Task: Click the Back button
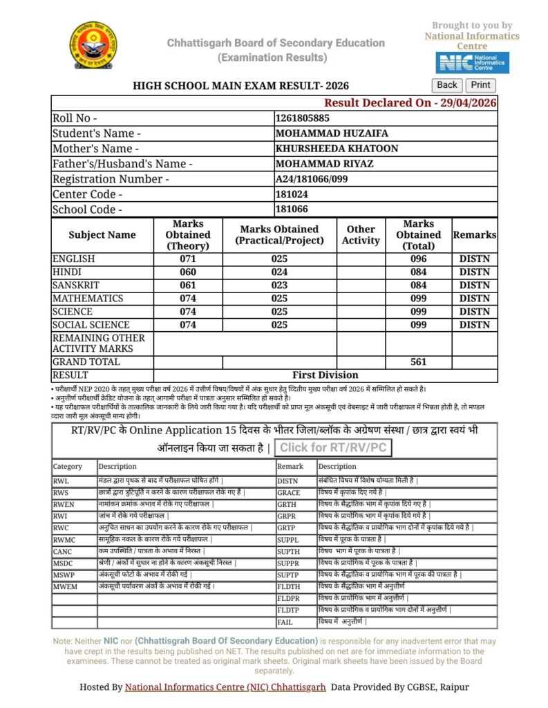coord(447,85)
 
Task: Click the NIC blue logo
coord(472,62)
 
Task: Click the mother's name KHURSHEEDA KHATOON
coord(337,149)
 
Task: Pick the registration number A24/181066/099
coord(311,179)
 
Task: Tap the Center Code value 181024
coord(292,194)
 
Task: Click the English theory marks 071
coord(188,259)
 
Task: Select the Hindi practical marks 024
coord(279,272)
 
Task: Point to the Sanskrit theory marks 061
coord(188,285)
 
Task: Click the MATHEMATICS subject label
coord(88,298)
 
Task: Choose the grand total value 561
coord(418,362)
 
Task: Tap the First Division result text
coord(325,375)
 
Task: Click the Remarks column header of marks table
coord(474,235)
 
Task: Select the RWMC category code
coord(66,539)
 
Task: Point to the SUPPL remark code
coord(288,539)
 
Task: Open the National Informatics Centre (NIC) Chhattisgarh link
coord(225,687)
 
